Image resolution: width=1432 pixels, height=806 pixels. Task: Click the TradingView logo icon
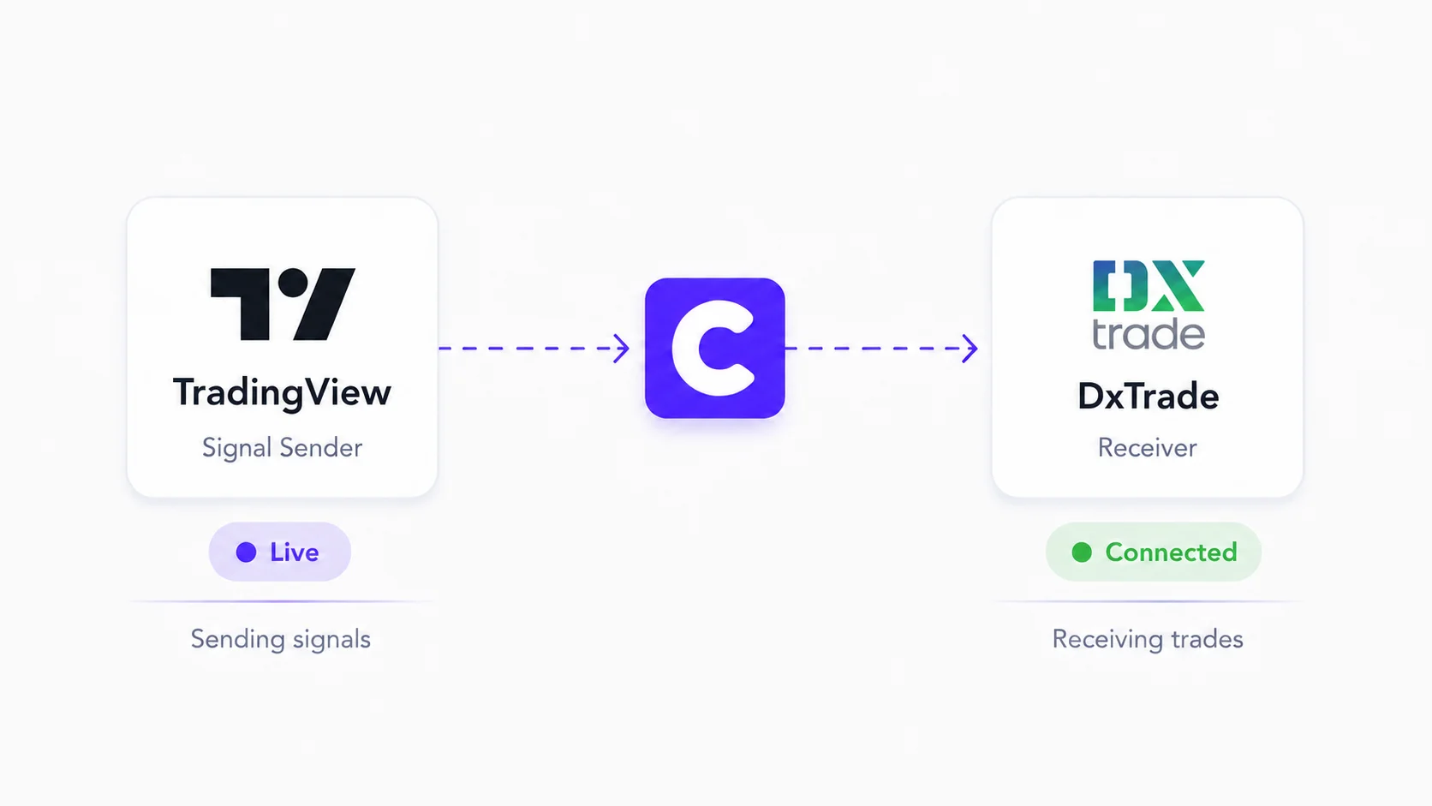283,304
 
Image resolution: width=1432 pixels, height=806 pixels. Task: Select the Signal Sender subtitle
282,447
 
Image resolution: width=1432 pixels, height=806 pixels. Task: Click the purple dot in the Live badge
246,552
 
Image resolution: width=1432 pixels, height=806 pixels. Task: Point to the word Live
294,552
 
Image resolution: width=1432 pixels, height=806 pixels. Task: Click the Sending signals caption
281,639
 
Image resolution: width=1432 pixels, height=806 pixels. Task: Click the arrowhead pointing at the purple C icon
622,349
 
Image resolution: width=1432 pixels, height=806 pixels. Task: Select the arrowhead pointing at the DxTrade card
970,349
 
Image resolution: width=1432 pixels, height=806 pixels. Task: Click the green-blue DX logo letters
1149,286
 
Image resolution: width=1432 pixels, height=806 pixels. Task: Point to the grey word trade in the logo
1149,333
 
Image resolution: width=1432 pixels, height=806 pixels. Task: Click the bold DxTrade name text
1149,397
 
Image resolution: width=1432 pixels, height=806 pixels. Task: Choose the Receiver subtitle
1148,447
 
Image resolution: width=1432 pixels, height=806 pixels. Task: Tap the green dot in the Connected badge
1082,552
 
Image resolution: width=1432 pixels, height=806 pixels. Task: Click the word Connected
1171,552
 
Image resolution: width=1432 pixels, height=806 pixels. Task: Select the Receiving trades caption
1148,639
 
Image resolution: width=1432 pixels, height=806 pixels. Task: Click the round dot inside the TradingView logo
293,283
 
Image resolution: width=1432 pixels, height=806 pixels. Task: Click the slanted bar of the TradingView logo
325,304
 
